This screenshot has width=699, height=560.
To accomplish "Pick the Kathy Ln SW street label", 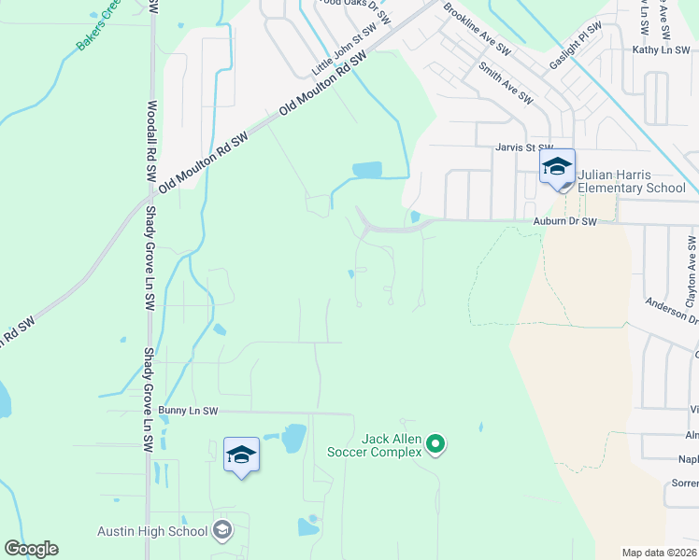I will point(660,50).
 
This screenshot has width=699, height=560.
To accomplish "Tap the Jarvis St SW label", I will point(524,147).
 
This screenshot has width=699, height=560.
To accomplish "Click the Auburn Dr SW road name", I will point(564,222).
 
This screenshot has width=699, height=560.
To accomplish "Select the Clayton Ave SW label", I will point(692,272).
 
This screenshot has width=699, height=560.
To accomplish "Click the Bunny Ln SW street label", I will point(188,411).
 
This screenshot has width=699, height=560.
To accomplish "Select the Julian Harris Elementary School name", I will point(632,181).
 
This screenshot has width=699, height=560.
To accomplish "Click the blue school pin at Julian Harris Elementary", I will point(557,168).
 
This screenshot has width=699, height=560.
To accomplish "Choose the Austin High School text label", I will point(152,531).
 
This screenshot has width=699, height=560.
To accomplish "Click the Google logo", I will point(31,549).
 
